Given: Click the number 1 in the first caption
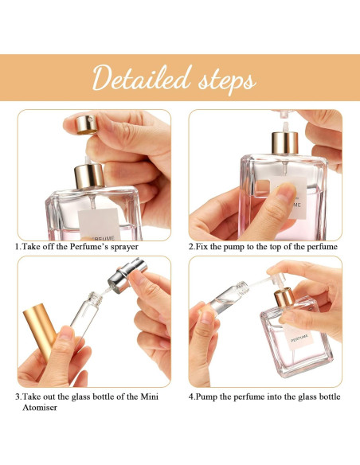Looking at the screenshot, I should point(18,247).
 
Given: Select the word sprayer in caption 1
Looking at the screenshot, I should point(119,247).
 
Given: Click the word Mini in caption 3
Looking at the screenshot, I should point(156,396).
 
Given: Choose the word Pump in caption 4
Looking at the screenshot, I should point(210,396).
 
